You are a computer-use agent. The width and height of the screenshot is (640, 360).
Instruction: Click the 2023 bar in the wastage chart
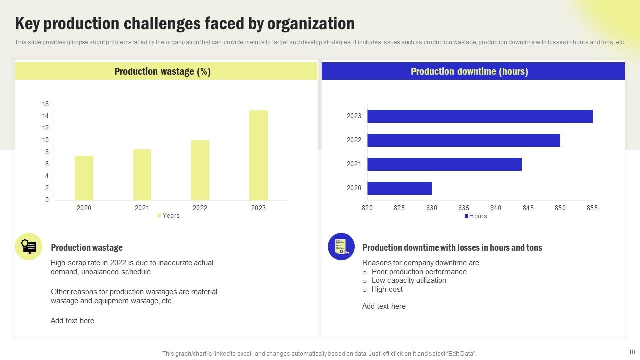point(258,155)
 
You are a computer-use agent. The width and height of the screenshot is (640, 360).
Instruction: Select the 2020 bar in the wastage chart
point(84,178)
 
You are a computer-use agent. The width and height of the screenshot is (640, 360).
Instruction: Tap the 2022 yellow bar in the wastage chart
point(200,170)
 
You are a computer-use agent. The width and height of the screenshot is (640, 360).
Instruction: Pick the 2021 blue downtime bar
point(444,164)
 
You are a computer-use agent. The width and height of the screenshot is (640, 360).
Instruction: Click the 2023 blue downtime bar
point(480,116)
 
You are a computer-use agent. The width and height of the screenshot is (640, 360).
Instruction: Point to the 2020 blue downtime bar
point(399,188)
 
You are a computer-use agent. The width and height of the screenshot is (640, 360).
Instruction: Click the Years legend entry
point(168,216)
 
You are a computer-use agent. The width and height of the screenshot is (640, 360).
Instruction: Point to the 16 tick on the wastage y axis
point(45,104)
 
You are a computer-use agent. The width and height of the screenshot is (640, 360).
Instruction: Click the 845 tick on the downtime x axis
point(528,208)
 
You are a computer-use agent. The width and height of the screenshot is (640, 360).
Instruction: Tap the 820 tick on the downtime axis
point(367,208)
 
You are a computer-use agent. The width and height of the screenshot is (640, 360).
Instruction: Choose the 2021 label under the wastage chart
point(142,208)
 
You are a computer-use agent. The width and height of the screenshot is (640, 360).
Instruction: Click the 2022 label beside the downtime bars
point(354,140)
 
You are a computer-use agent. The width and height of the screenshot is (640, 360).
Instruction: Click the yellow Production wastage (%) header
point(163,71)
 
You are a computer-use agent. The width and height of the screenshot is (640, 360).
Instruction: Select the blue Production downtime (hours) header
point(469,71)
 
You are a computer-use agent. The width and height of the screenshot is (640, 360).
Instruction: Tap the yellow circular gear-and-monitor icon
point(29,247)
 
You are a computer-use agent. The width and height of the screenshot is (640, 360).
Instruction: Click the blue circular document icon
point(341,247)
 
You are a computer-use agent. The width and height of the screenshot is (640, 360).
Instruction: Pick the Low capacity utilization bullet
point(408,281)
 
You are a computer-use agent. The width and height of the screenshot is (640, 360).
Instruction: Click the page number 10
point(632,352)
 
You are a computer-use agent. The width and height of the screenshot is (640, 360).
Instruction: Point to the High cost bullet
point(387,289)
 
